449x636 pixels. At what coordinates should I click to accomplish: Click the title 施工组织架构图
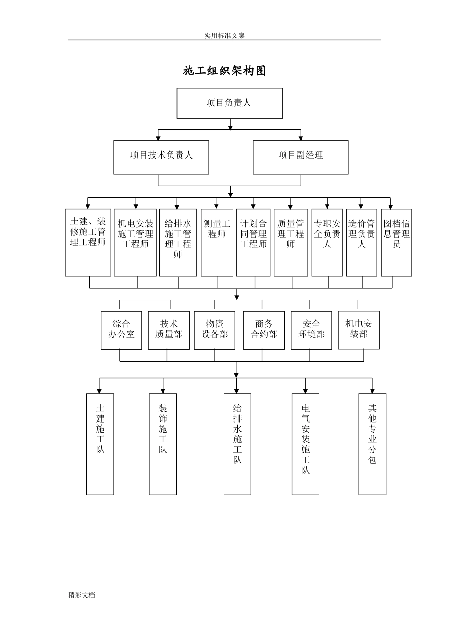pyautogui.click(x=224, y=71)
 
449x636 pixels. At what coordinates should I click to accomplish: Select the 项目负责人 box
pyautogui.click(x=230, y=103)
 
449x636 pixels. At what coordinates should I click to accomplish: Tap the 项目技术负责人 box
pyautogui.click(x=161, y=157)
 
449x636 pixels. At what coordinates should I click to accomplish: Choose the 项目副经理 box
pyautogui.click(x=301, y=157)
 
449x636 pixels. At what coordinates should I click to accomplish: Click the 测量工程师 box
pyautogui.click(x=217, y=242)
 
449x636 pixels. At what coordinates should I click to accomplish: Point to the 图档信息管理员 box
pyautogui.click(x=397, y=242)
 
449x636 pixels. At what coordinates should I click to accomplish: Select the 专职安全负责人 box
pyautogui.click(x=327, y=242)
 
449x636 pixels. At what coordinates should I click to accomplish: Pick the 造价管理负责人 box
pyautogui.click(x=362, y=242)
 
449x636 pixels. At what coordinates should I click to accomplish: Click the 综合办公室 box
pyautogui.click(x=121, y=330)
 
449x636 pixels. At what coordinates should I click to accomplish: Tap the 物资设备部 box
pyautogui.click(x=215, y=330)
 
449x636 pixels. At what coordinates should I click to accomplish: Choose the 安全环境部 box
pyautogui.click(x=311, y=330)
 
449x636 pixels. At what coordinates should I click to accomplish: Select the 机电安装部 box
pyautogui.click(x=359, y=330)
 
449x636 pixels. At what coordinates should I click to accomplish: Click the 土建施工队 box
pyautogui.click(x=100, y=444)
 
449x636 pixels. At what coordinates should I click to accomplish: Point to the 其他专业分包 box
pyautogui.click(x=372, y=444)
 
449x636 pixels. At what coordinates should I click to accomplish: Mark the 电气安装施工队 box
pyautogui.click(x=305, y=444)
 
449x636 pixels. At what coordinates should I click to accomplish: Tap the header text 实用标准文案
pyautogui.click(x=224, y=35)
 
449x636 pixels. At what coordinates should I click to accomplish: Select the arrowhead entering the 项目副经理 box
pyautogui.click(x=301, y=138)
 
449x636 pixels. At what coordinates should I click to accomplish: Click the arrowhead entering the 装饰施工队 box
pyautogui.click(x=163, y=391)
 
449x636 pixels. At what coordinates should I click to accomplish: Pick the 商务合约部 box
pyautogui.click(x=264, y=330)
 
